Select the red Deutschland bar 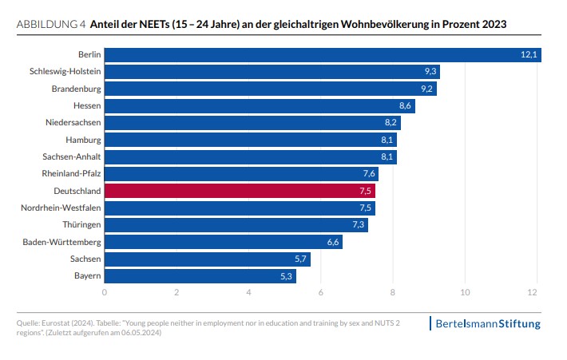(240, 192)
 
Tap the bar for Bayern (200, 277)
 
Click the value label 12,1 (528, 54)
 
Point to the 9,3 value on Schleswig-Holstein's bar (429, 72)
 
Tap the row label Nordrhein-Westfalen (59, 208)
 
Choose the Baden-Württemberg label (62, 243)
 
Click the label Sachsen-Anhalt (71, 157)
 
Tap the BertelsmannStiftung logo (486, 323)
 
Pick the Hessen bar (260, 106)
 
